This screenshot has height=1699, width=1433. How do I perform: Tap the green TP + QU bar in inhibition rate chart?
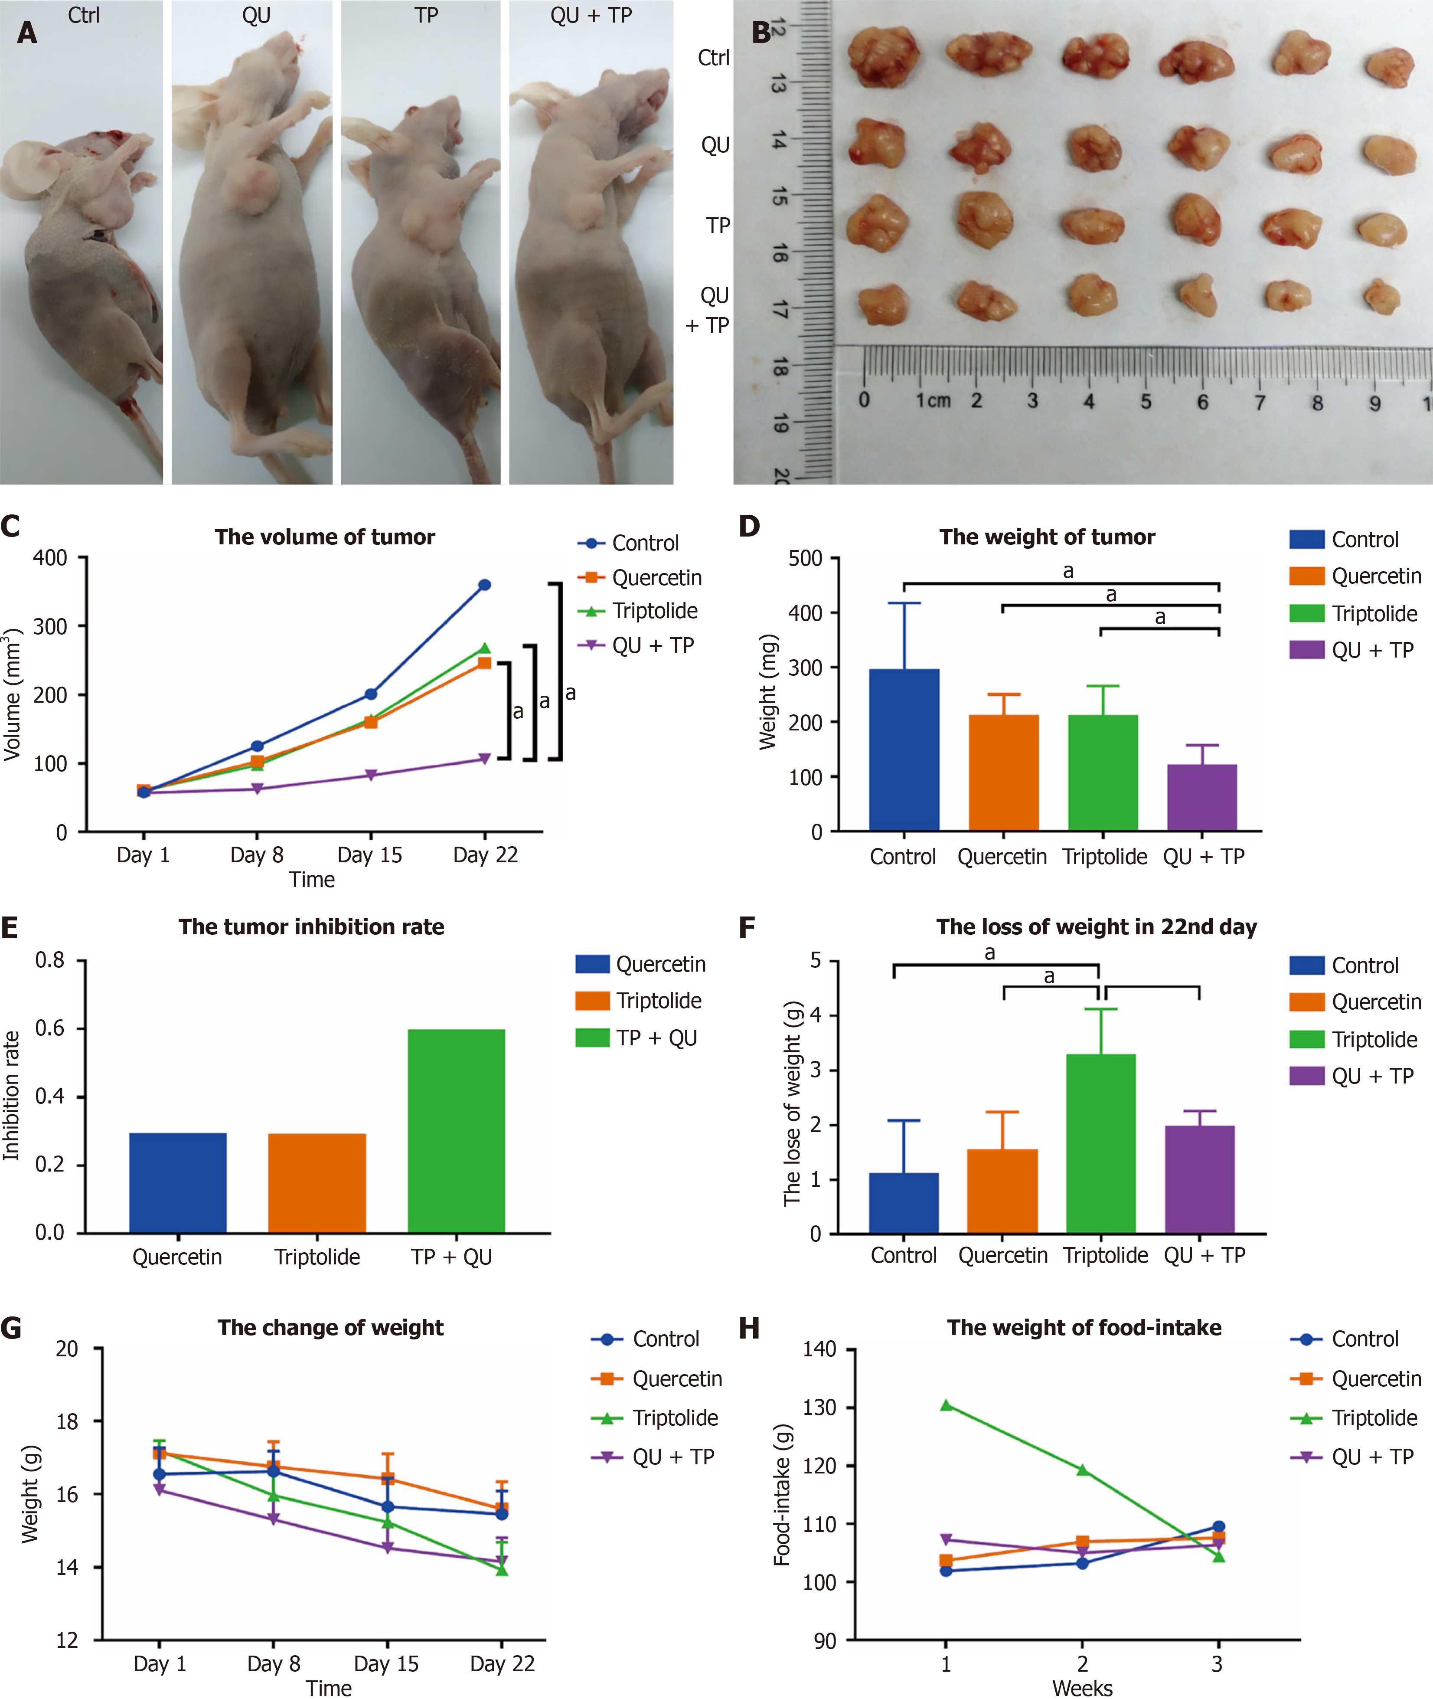pos(456,1131)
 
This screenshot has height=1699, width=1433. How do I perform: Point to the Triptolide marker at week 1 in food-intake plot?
pos(946,1405)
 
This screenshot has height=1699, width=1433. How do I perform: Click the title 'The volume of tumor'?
pos(324,537)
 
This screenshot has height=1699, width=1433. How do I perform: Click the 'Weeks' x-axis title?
pos(1082,1688)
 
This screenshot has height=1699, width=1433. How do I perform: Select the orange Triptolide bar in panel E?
pos(317,1183)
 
